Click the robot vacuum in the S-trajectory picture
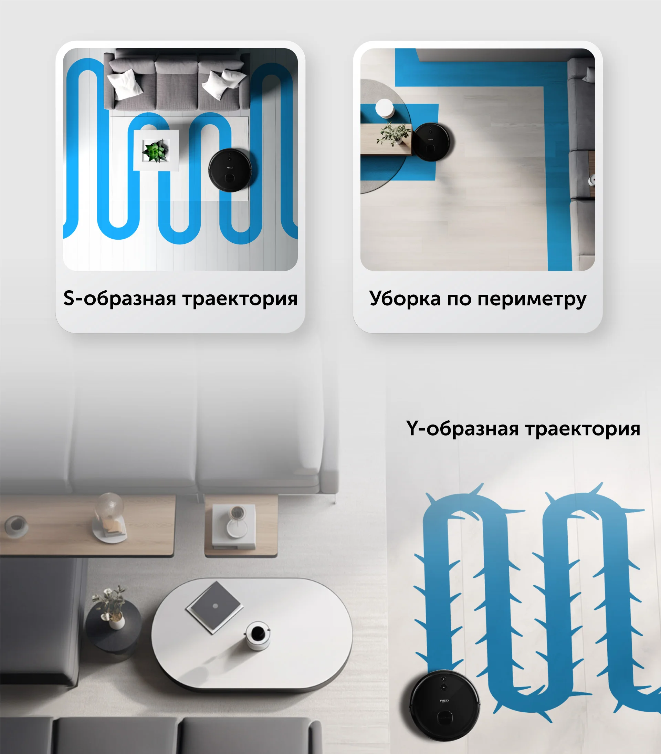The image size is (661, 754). click(x=230, y=170)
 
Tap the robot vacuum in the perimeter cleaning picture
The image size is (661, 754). click(x=433, y=142)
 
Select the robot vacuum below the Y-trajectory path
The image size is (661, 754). click(x=445, y=705)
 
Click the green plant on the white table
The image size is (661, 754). click(x=156, y=150)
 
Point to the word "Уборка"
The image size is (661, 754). click(x=405, y=299)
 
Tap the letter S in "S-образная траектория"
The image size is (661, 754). click(x=69, y=298)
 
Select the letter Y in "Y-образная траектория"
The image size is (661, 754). click(x=413, y=428)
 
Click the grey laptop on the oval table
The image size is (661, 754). click(x=214, y=607)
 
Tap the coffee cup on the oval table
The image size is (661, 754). click(x=258, y=635)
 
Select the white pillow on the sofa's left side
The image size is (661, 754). click(x=125, y=84)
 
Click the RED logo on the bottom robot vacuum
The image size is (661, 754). click(x=444, y=701)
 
